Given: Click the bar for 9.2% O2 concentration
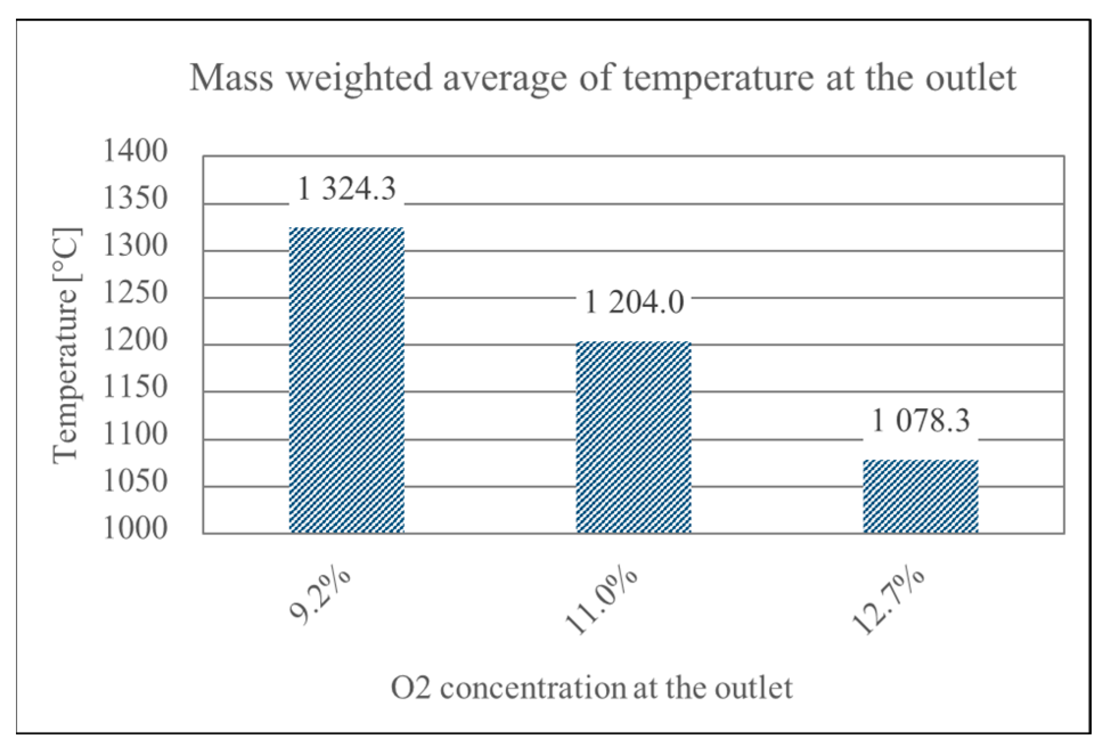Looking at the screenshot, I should point(346,380).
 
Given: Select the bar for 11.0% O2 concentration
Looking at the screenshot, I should point(633,437).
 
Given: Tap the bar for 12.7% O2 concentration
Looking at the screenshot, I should point(920,496).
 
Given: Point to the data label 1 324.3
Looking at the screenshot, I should point(346,188).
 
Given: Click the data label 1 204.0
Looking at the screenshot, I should point(634,302).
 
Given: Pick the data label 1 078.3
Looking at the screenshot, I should point(920,421).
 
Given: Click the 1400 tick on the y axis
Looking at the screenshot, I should point(135,151).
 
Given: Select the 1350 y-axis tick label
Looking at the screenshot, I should point(135,199).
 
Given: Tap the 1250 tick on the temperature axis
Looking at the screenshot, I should point(135,293).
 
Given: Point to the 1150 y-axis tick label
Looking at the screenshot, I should point(135,387).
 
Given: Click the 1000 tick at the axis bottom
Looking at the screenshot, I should point(135,528).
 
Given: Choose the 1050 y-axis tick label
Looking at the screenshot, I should point(135,482).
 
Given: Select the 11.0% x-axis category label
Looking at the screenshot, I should point(600,601).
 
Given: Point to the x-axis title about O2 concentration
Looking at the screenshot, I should point(591,688).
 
